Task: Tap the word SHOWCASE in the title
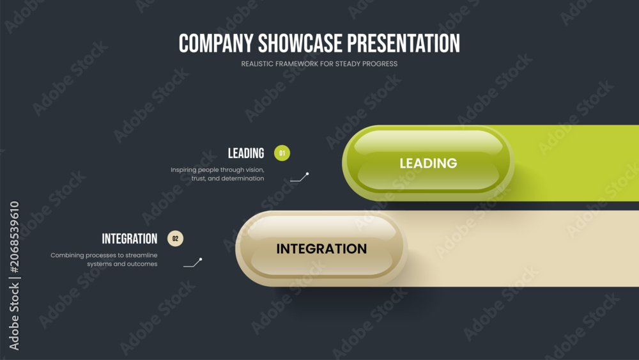tap(300, 43)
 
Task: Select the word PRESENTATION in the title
tap(403, 43)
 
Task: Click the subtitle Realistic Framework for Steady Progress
tap(319, 64)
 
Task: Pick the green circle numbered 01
tap(282, 153)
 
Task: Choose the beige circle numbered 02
tap(175, 239)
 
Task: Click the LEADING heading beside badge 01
tap(246, 153)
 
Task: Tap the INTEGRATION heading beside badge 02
tap(130, 239)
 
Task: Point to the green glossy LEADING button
tap(428, 163)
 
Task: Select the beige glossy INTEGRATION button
tap(321, 249)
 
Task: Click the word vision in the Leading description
tap(255, 169)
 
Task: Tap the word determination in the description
tap(242, 178)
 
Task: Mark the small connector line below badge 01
tap(299, 177)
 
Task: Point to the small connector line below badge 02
tap(193, 263)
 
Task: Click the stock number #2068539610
tap(14, 237)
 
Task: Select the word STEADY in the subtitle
tap(346, 64)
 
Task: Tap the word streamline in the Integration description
tap(141, 255)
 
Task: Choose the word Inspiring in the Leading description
tap(183, 170)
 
